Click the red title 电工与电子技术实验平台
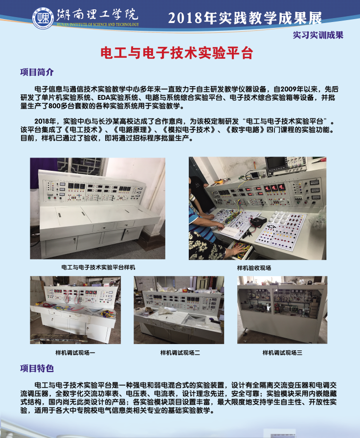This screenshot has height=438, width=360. pos(177,52)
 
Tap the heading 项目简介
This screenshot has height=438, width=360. pos(37,72)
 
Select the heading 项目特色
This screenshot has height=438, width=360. pos(37,369)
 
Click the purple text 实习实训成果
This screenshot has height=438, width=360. pos(318,35)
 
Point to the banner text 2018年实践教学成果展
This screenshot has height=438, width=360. pos(245,18)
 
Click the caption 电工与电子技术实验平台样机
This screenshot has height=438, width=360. pos(98,267)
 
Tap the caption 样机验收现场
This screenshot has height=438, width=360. pos(254,268)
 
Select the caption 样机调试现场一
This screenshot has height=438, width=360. pos(75,353)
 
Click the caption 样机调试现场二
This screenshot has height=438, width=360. pos(180,353)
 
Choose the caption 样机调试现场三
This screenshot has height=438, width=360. pos(282,353)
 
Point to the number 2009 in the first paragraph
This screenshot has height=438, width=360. pos(289,90)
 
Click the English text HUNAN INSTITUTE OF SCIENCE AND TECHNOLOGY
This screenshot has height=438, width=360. pos(98,24)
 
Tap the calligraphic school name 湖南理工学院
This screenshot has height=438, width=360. pos(97,15)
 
